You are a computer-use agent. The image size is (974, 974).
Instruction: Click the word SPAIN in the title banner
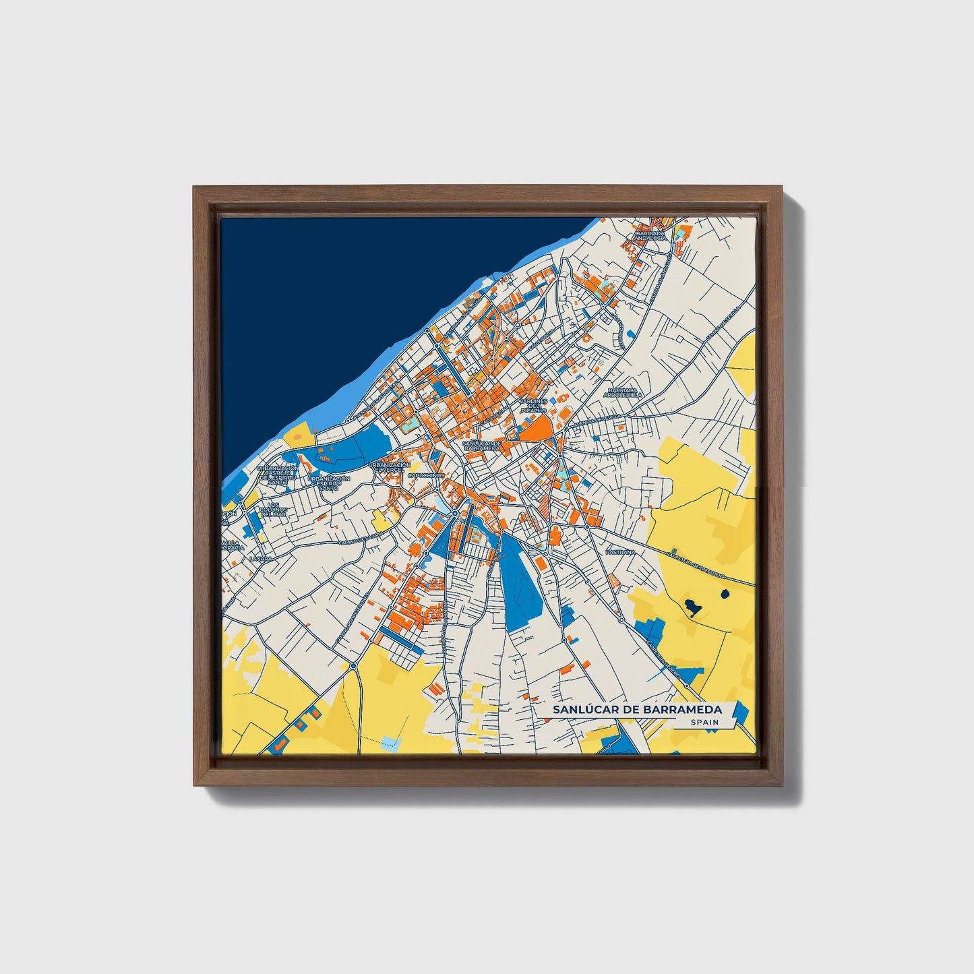coord(704,723)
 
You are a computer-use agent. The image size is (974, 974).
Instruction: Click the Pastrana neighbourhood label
coord(620,551)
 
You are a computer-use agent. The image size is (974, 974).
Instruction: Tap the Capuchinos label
coord(425,475)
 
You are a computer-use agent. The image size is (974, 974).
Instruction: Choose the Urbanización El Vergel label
coord(390,467)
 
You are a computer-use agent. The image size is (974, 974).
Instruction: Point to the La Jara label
coord(260,559)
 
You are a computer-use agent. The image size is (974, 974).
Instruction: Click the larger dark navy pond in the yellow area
coord(692,608)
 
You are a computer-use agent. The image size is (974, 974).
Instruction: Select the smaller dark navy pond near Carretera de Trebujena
coord(725,595)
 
